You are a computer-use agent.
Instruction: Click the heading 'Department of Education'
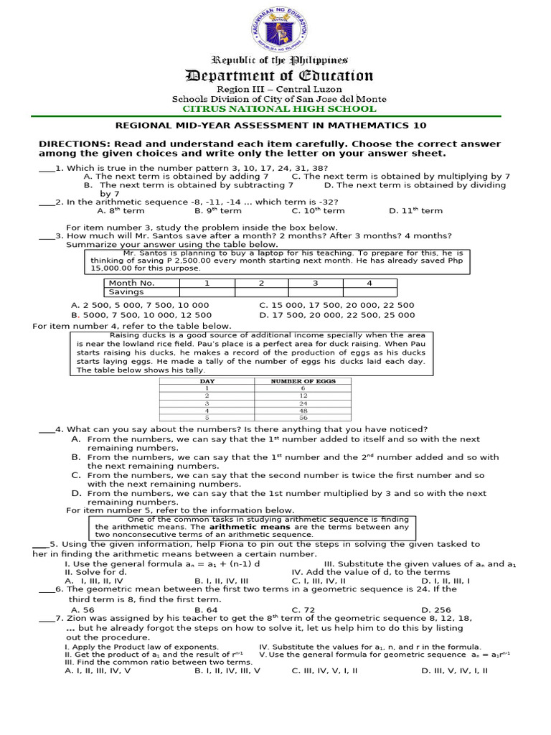point(278,76)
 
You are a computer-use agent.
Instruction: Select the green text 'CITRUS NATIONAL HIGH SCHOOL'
point(278,109)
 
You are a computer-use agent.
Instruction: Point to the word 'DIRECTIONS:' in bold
point(68,144)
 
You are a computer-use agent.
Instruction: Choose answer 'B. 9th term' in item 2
point(218,211)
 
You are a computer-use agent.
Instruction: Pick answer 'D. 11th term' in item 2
point(415,211)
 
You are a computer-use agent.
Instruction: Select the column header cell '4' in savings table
point(369,283)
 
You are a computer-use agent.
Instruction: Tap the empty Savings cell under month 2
point(261,292)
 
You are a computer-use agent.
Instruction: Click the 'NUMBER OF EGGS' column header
point(303,381)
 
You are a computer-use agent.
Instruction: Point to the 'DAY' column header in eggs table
point(207,381)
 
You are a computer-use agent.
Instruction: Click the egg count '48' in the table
point(303,410)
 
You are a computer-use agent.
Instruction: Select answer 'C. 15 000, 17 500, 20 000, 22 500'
point(336,305)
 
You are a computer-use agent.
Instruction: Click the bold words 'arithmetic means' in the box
point(240,527)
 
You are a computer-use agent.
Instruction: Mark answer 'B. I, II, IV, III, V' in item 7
point(227,670)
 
